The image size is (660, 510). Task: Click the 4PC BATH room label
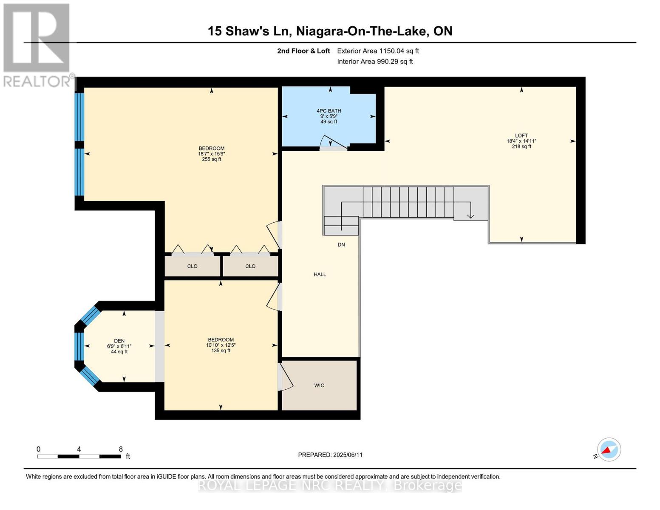[x=329, y=111]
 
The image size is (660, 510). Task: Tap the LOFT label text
[x=521, y=136]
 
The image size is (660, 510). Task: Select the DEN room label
[x=119, y=341]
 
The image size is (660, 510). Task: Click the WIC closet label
[x=319, y=385]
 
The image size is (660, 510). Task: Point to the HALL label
[x=320, y=275]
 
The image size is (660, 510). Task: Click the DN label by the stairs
[x=341, y=245]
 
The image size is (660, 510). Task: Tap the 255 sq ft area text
[x=212, y=159]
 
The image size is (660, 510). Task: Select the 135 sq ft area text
[x=221, y=351]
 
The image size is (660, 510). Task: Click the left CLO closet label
[x=192, y=266]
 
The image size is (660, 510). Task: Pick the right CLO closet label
[x=250, y=266]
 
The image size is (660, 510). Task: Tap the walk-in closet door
[x=286, y=377]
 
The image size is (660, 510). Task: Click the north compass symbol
[x=609, y=450]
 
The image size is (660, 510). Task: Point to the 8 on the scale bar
[x=121, y=449]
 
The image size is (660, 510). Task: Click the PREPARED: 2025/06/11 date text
[x=330, y=455]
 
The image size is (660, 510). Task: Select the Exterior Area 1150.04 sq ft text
[x=378, y=51]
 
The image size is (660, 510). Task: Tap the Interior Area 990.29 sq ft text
[x=375, y=62]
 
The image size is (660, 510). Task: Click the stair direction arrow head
[x=470, y=216]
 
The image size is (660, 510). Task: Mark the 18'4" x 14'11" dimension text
[x=521, y=141]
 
